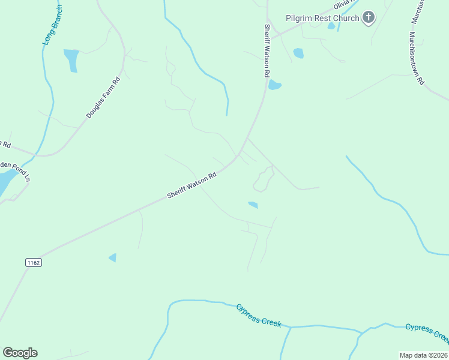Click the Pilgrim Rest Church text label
click(x=322, y=18)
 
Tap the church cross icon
click(x=369, y=18)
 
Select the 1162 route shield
click(x=33, y=262)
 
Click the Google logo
click(x=20, y=353)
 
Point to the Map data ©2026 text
click(x=423, y=355)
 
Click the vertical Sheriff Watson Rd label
click(x=265, y=50)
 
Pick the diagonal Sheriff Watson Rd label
click(x=191, y=186)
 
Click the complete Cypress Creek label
click(x=258, y=315)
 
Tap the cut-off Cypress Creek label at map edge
click(x=427, y=331)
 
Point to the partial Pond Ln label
click(x=14, y=170)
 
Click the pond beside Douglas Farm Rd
click(x=71, y=59)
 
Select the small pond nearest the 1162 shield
click(x=112, y=257)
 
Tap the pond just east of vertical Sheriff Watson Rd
click(x=274, y=85)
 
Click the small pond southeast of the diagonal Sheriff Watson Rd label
click(x=253, y=205)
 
